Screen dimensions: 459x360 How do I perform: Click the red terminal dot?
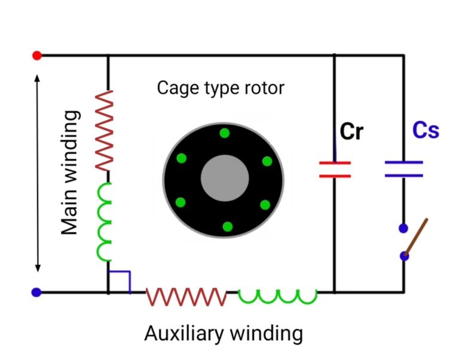coord(37,56)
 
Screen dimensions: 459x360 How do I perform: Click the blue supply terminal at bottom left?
coord(36,292)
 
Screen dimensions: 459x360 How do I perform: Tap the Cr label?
coord(351,131)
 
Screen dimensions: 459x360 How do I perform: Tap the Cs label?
coord(426,130)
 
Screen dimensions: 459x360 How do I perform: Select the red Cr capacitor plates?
coord(335,170)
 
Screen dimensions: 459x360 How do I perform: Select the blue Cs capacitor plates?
coord(403,169)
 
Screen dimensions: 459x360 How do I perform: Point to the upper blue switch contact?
coord(403,228)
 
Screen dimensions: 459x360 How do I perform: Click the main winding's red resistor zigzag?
coord(105,130)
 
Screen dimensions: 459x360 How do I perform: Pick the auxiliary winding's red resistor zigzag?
coord(186,297)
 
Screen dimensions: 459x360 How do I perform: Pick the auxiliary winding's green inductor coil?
coord(277,296)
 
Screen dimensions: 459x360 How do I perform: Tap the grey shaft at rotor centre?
coord(225,178)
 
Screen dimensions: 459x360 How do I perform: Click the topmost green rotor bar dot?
coord(225,133)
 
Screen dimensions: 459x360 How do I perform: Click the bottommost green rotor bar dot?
coord(228,226)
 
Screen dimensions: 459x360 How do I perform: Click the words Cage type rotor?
coord(221,88)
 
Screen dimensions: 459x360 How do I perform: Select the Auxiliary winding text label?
coord(224,334)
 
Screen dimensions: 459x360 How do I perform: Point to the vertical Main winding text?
coord(69,173)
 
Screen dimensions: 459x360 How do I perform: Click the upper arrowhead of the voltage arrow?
coord(37,78)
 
